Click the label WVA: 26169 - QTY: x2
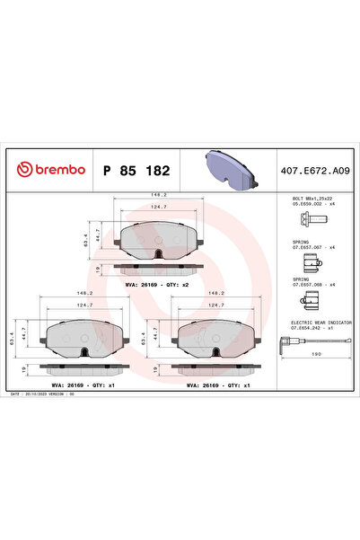click(156, 284)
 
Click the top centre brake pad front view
click(158, 240)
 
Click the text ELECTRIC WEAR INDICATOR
click(320, 321)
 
